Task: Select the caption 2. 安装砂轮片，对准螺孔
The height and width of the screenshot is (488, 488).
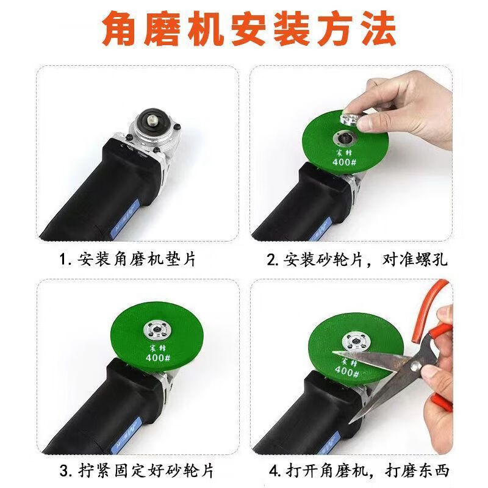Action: pyautogui.click(x=357, y=259)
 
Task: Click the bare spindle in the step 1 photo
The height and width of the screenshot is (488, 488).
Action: pyautogui.click(x=152, y=118)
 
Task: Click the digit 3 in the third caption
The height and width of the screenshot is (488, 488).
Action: pyautogui.click(x=63, y=470)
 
